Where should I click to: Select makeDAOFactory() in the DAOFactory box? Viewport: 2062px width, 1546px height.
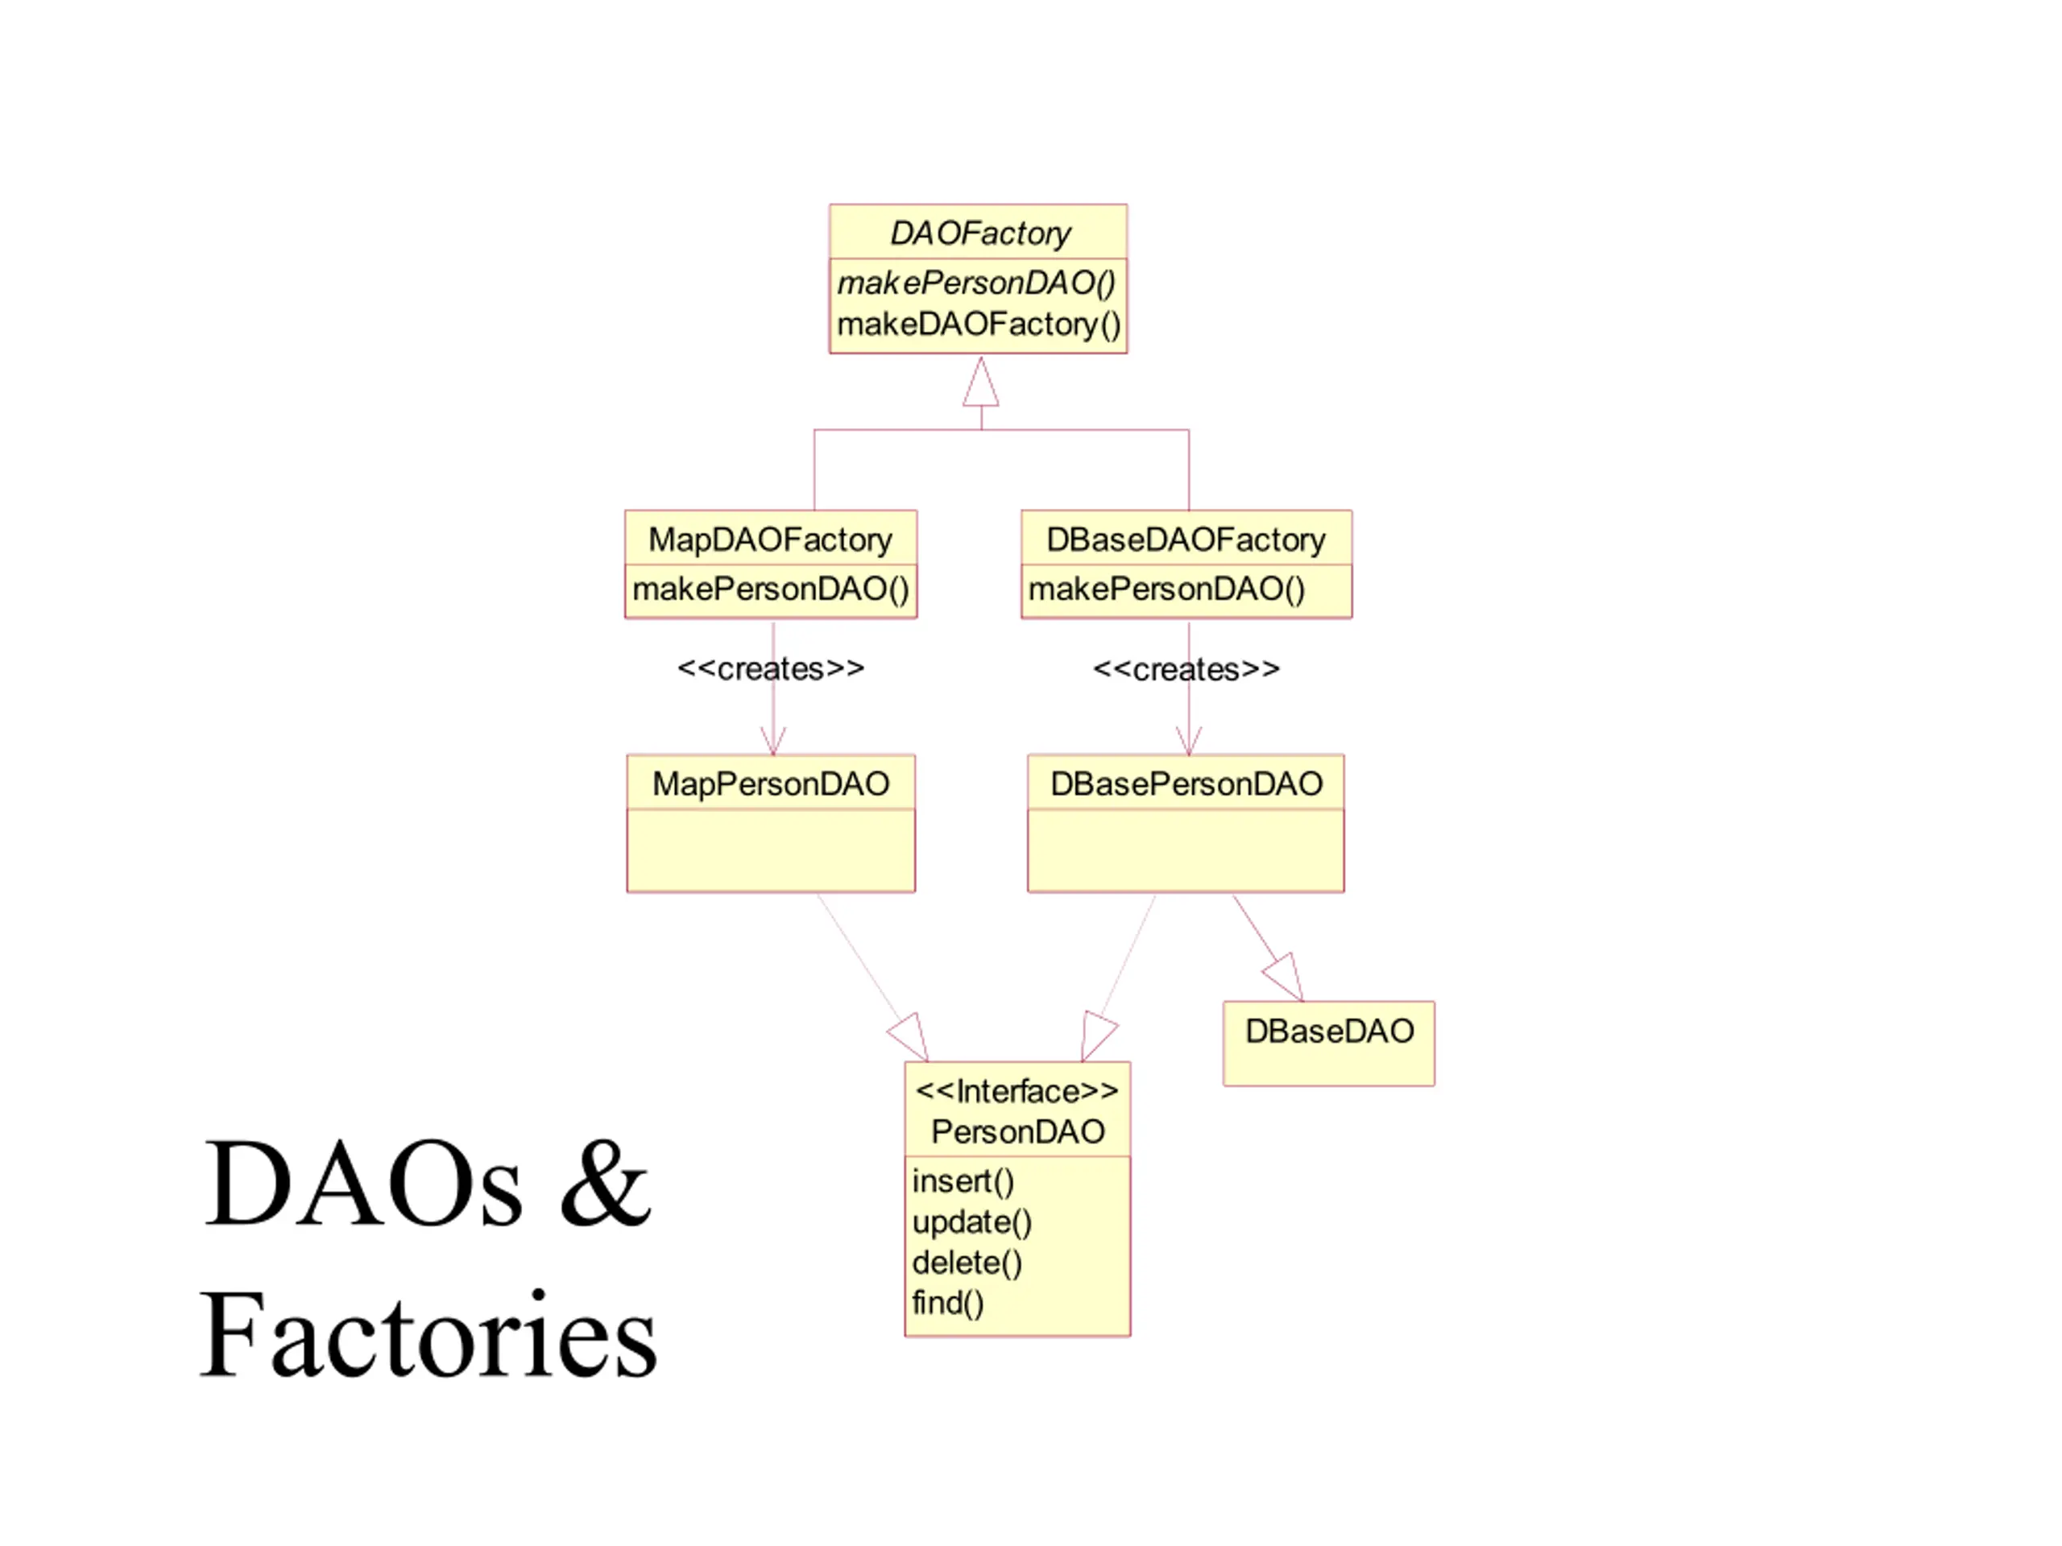point(979,324)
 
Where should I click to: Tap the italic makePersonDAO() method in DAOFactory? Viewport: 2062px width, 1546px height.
point(976,283)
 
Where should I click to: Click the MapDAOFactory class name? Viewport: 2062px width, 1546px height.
point(770,539)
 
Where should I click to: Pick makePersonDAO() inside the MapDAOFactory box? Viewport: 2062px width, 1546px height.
point(771,589)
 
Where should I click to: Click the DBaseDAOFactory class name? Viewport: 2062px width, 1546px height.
point(1186,539)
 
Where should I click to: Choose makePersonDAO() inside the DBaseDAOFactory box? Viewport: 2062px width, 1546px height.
point(1166,589)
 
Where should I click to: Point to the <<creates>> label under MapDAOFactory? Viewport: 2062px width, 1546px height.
point(771,668)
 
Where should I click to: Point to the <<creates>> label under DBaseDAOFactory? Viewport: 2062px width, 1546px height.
point(1186,669)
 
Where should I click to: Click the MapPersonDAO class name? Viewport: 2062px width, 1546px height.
point(771,783)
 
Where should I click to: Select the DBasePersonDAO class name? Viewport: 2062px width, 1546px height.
point(1186,783)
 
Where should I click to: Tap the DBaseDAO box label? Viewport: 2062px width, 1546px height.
point(1329,1031)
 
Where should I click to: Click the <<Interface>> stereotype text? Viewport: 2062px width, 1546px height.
point(1017,1090)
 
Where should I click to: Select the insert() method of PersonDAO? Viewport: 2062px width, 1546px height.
point(963,1180)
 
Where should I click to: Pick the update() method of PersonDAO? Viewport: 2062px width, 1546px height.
point(972,1222)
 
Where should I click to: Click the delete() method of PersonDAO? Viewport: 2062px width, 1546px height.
point(967,1263)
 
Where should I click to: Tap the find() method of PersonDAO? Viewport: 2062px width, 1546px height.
point(947,1303)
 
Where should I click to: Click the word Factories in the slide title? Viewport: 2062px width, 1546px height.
point(429,1333)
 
